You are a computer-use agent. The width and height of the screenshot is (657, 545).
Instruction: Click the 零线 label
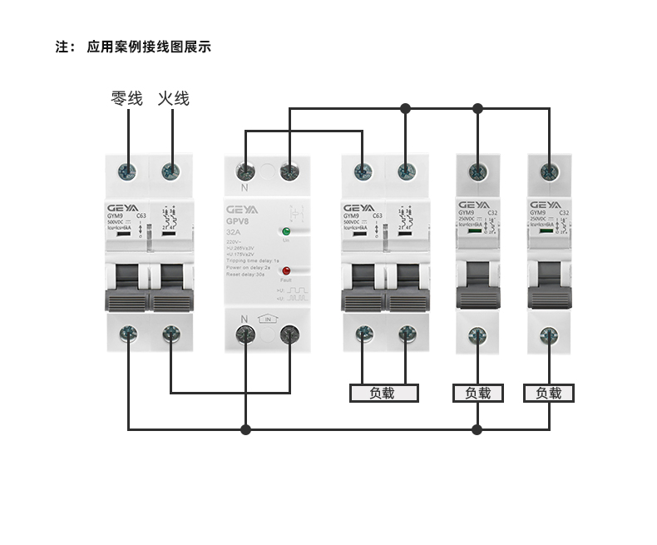tap(127, 99)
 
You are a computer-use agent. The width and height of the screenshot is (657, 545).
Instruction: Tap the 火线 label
tap(174, 99)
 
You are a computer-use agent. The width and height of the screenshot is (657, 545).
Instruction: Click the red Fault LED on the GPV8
tap(285, 271)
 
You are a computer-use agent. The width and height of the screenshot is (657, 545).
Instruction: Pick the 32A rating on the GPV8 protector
tap(235, 234)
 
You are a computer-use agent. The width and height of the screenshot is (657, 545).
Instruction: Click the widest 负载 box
tap(383, 393)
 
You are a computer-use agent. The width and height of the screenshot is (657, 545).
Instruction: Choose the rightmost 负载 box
tap(549, 393)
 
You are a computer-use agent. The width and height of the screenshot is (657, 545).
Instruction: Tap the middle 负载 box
tap(477, 393)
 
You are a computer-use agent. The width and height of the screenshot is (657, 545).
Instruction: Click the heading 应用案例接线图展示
tap(149, 47)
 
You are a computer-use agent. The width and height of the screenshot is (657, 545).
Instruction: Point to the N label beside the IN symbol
tap(245, 320)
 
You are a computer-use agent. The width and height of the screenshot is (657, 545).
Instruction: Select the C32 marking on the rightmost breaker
tap(564, 213)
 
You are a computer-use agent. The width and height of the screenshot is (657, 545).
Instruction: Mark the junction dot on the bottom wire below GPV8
tap(245, 429)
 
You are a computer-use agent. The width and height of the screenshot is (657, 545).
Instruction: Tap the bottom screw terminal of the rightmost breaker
tap(549, 335)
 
